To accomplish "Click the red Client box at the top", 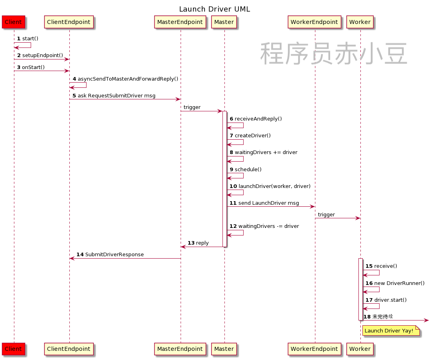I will click(13, 22).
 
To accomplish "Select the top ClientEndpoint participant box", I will click(69, 22).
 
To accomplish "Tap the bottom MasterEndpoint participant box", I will click(180, 349).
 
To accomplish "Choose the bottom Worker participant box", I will click(360, 349).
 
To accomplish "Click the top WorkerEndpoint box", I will click(314, 22).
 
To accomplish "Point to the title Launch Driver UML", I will click(214, 9).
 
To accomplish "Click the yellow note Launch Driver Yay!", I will click(389, 330).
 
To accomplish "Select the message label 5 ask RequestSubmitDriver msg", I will click(114, 96).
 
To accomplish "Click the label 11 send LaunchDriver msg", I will click(264, 203).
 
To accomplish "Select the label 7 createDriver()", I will click(250, 136).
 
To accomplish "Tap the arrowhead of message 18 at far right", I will click(426, 320).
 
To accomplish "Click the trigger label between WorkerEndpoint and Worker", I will click(326, 215).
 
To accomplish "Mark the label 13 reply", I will click(198, 243).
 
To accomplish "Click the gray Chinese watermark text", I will click(334, 54).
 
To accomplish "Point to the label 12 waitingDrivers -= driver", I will click(264, 226).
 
